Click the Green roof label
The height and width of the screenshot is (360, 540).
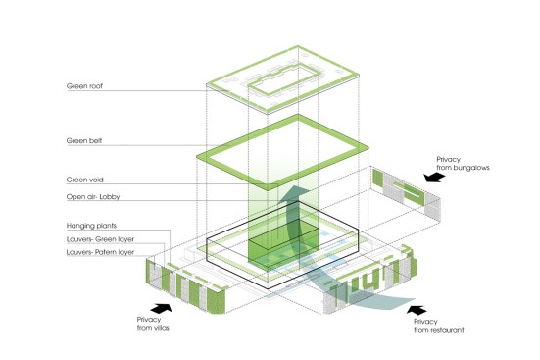pos(84,86)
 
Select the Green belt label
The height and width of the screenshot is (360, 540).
pos(84,140)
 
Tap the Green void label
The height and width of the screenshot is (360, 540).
pos(84,180)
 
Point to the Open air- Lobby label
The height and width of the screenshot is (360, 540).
pos(93,197)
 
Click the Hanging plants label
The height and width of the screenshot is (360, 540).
pos(91,226)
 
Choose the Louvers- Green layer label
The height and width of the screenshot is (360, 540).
pos(100,239)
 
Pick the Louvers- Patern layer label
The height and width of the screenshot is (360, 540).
pos(100,252)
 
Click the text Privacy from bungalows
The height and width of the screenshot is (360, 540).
pos(463,164)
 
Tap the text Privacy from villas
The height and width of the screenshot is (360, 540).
pos(153,324)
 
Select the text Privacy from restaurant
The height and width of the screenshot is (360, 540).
pos(439,326)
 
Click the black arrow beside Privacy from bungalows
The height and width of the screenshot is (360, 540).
pos(434,177)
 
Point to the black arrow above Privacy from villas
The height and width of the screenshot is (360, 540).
pos(161,308)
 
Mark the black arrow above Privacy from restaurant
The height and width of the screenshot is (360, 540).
pos(417,310)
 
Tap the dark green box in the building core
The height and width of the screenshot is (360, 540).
pos(282,244)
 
